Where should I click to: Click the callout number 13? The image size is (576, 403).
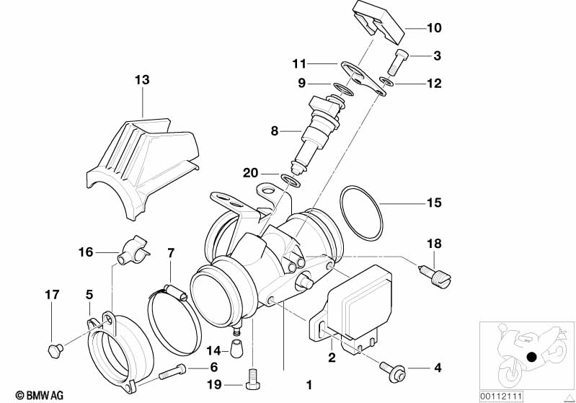(142, 80)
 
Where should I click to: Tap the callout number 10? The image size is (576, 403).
(434, 28)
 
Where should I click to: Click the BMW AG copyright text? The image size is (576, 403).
(40, 395)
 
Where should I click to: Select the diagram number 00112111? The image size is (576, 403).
(501, 397)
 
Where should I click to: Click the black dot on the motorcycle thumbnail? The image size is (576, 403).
(531, 356)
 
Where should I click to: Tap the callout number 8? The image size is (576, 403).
(275, 130)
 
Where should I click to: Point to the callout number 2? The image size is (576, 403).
(332, 357)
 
